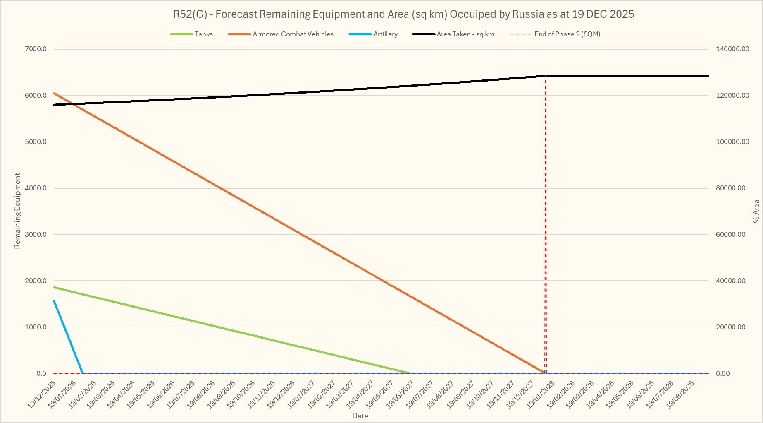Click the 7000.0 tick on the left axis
tap(36, 49)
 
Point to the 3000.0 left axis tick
tap(36, 234)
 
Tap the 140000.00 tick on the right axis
tap(732, 49)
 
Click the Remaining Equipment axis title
tap(17, 211)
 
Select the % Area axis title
tap(756, 211)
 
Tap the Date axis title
tap(360, 416)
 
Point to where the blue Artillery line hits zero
tap(83, 373)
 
